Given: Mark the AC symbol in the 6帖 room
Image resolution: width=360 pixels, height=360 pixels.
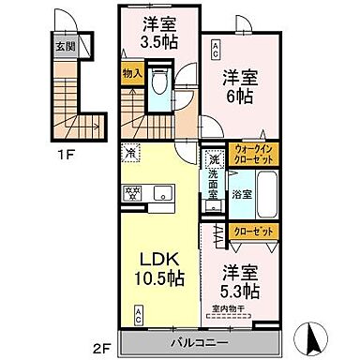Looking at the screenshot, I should tap(215, 45).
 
